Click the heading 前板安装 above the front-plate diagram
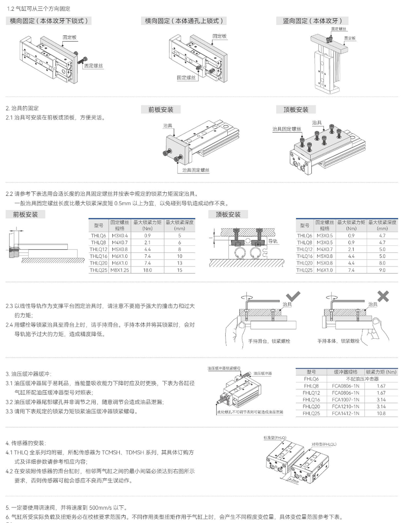(161, 110)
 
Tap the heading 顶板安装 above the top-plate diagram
(296, 110)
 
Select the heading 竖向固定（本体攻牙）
(312, 21)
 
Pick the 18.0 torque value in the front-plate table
(147, 270)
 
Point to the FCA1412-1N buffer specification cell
(345, 413)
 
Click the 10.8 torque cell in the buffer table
(381, 413)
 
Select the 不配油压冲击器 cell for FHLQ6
(362, 379)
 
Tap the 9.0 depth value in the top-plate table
(382, 270)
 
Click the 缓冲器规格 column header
(345, 372)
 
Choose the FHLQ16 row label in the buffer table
(311, 400)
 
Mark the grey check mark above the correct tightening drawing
(293, 297)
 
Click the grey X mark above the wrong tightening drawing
(383, 297)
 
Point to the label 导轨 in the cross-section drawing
(273, 241)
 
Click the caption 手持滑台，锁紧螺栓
(269, 341)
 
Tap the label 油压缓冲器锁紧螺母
(224, 368)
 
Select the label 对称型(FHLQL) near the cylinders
(324, 444)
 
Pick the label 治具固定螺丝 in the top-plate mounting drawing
(286, 129)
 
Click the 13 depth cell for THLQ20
(180, 263)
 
